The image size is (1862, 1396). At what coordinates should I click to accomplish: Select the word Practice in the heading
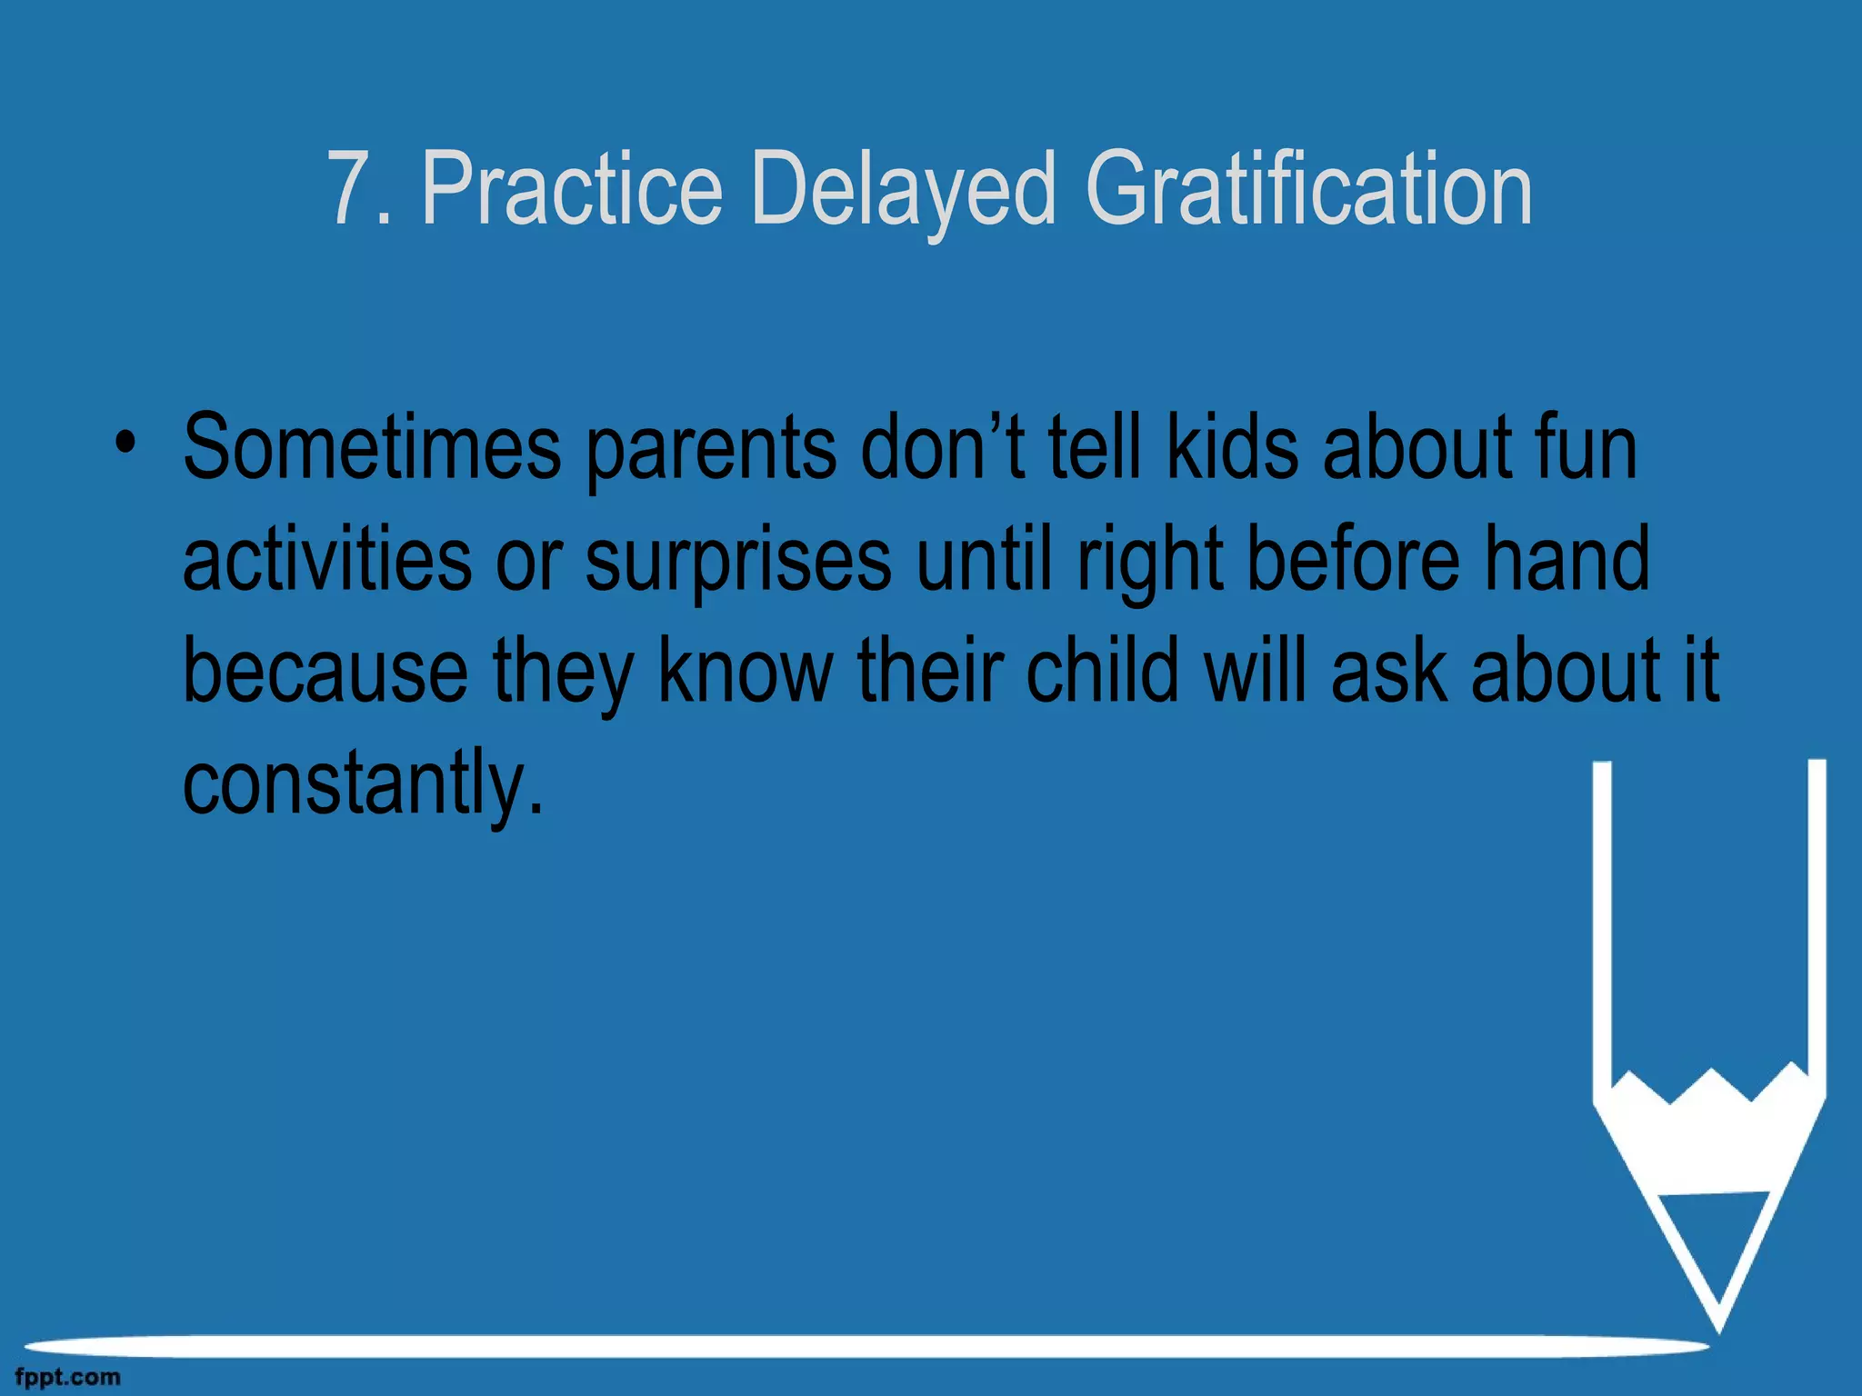pos(572,188)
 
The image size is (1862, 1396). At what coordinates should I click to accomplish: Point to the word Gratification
pos(1308,188)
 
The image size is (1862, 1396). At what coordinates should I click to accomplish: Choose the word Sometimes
pos(372,447)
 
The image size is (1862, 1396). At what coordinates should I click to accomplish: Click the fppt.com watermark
pos(67,1378)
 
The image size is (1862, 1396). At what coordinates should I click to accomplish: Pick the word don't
pos(943,447)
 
